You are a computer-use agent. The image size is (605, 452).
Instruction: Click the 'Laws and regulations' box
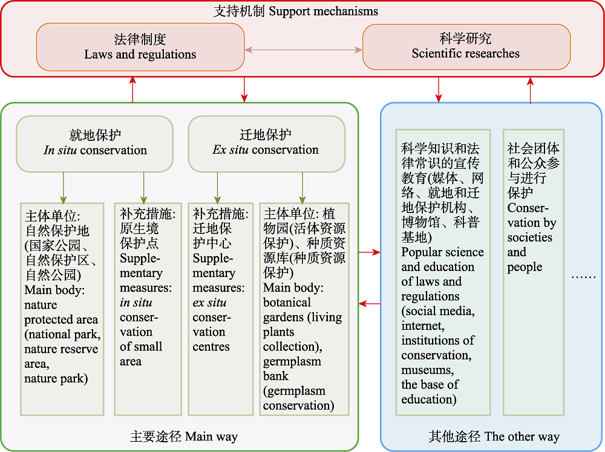[140, 47]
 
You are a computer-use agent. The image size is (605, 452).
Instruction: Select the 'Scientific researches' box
[466, 47]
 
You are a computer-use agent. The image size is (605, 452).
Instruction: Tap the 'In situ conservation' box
[94, 143]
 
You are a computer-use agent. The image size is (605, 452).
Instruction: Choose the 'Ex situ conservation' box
[266, 143]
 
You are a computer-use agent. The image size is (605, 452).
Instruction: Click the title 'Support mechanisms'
[323, 11]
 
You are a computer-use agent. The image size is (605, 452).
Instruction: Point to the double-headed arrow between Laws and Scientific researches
[303, 50]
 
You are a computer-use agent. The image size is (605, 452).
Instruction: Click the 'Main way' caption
[211, 436]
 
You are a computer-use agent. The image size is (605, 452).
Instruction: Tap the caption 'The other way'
[522, 436]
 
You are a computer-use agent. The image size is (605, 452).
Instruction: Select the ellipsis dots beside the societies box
[583, 277]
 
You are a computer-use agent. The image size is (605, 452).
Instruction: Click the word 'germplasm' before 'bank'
[292, 361]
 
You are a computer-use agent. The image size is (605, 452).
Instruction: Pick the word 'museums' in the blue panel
[428, 370]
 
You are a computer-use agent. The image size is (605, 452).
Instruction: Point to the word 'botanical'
[287, 302]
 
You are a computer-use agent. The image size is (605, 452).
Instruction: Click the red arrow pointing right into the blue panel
[369, 252]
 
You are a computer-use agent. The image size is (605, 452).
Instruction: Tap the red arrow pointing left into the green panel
[369, 304]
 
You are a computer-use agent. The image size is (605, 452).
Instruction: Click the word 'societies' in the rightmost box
[530, 237]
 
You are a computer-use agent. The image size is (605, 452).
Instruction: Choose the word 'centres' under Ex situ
[211, 347]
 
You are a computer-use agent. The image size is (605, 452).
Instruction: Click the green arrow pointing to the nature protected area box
[64, 188]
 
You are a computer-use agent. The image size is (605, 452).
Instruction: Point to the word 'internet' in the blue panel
[423, 326]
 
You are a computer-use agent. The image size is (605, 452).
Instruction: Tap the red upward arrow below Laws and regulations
[132, 89]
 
